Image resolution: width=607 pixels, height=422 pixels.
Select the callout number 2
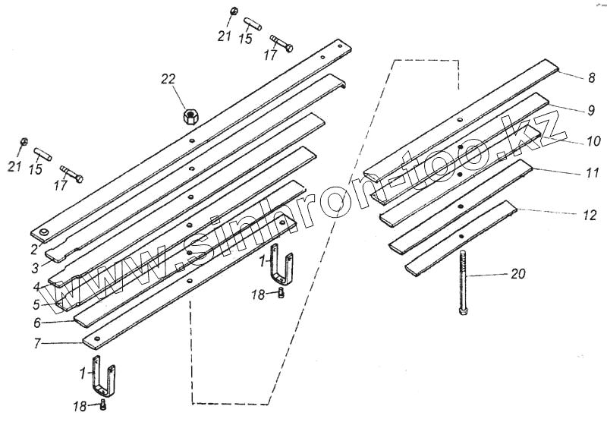pos(34,248)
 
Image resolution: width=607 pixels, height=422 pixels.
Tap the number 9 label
pos(590,111)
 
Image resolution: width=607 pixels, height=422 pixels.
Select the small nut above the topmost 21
pos(235,12)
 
